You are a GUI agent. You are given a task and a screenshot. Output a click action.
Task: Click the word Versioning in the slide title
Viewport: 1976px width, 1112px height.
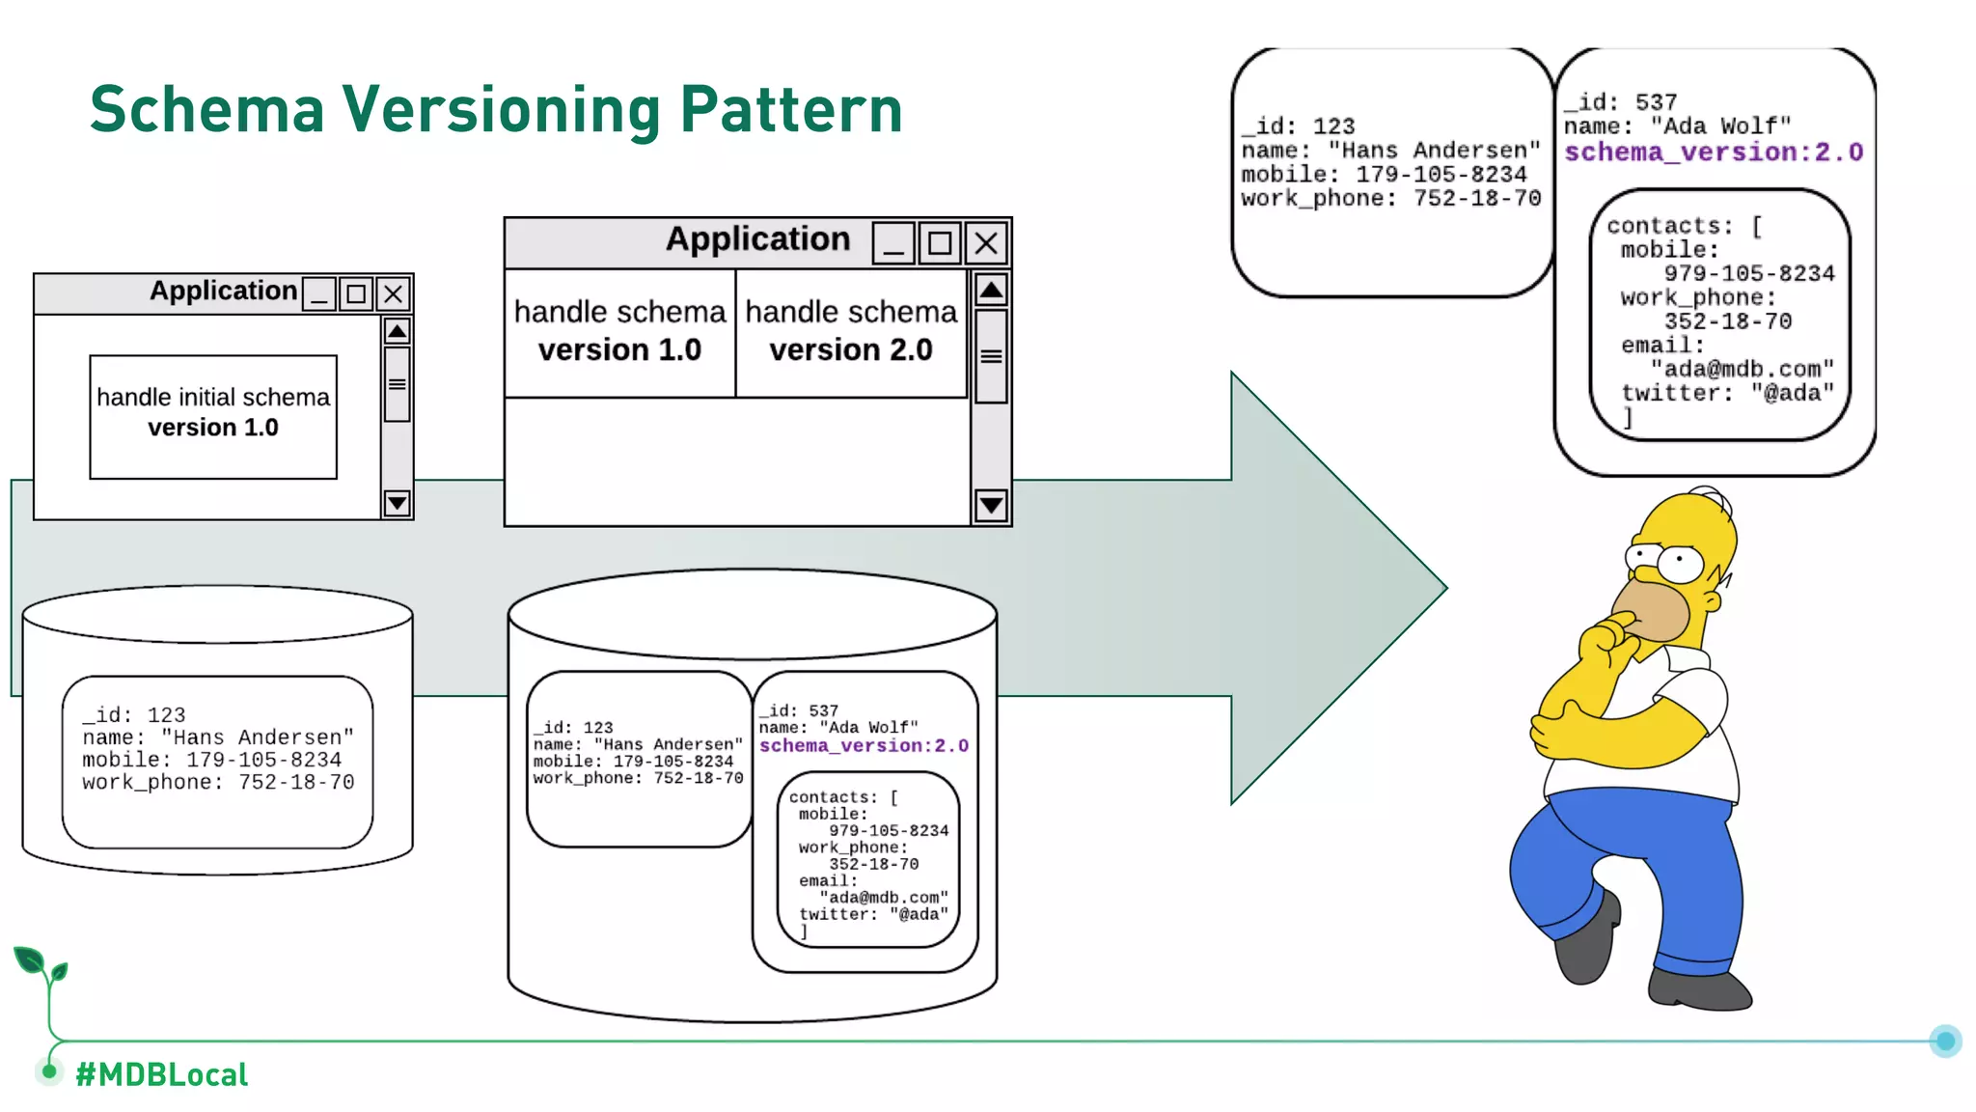[501, 109]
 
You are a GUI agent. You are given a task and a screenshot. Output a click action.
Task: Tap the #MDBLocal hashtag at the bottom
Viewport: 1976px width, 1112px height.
[161, 1074]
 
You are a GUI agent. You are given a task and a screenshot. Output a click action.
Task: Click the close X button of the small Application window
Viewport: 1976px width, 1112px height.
[393, 293]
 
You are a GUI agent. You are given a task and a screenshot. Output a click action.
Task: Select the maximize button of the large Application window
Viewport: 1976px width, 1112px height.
[940, 243]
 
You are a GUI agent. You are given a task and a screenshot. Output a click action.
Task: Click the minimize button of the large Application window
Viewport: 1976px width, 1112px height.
[893, 243]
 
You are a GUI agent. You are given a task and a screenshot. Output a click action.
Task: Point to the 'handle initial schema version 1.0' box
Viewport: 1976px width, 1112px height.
[213, 416]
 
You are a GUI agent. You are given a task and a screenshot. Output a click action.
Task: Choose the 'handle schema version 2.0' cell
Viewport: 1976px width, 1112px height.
[851, 331]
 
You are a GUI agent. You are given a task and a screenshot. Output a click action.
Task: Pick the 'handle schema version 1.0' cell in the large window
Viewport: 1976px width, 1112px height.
[619, 331]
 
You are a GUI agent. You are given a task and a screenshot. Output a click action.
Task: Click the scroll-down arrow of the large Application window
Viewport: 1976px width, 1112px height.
[991, 505]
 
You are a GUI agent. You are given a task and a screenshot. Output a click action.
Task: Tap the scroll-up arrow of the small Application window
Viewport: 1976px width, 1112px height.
[397, 332]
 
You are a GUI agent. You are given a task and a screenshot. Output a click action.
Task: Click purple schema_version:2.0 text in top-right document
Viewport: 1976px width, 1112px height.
[1713, 153]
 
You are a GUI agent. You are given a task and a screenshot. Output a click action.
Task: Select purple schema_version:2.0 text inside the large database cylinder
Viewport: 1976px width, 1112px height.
[864, 745]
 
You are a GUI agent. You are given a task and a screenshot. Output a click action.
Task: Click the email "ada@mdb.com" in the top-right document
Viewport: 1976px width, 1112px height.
[1741, 369]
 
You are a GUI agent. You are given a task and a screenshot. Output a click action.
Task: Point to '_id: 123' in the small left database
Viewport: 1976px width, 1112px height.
[134, 714]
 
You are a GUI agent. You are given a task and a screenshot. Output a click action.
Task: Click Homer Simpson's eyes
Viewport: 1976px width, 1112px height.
[1667, 560]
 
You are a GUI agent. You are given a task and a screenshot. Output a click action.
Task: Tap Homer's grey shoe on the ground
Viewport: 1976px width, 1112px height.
[1698, 989]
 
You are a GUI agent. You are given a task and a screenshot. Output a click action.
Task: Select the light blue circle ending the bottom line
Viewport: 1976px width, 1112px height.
[1945, 1041]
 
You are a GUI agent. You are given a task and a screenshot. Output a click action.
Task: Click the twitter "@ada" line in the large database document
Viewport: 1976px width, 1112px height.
[873, 914]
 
